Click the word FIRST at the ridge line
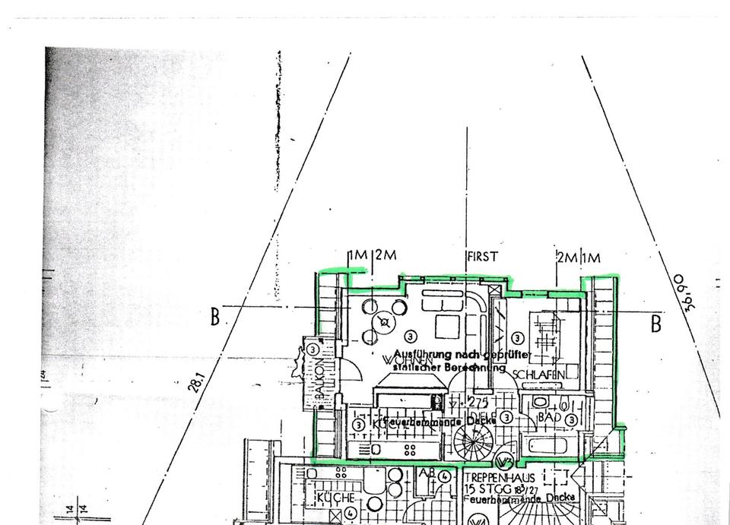[x=484, y=257]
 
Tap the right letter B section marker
[x=655, y=324]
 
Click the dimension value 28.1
[x=195, y=380]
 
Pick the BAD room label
[x=549, y=417]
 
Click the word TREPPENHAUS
[x=500, y=478]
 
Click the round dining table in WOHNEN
[x=384, y=322]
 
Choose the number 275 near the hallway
[x=478, y=401]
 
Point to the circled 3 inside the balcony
[x=313, y=349]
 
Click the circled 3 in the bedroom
[x=518, y=338]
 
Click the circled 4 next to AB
[x=446, y=476]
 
